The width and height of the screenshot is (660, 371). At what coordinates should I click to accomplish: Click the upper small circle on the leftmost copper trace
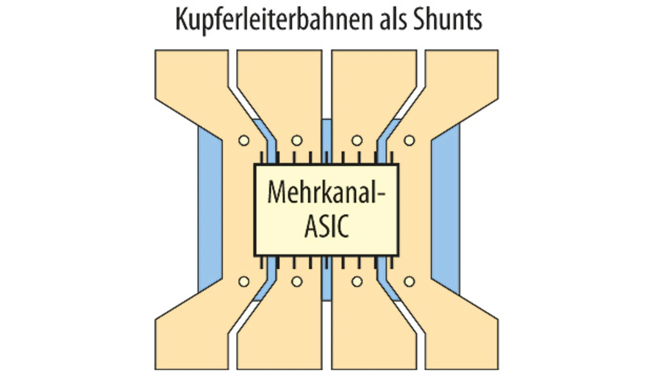click(x=244, y=140)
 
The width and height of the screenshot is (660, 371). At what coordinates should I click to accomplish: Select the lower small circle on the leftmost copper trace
click(x=244, y=282)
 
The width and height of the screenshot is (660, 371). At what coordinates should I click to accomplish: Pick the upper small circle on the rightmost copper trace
click(x=409, y=140)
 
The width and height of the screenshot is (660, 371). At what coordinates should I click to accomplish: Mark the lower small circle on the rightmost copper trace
click(x=409, y=282)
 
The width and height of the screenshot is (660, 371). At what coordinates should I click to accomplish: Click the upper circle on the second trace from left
click(x=296, y=140)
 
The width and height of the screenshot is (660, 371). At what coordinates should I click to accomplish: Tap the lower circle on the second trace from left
click(x=296, y=282)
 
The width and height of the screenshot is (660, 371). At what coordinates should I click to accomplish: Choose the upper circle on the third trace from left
click(x=356, y=140)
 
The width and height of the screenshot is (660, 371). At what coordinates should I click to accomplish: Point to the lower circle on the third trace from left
click(x=356, y=282)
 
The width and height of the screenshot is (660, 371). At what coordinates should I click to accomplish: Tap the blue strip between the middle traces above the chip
click(x=327, y=139)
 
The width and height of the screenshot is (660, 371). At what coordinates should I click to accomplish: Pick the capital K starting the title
click(x=181, y=20)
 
